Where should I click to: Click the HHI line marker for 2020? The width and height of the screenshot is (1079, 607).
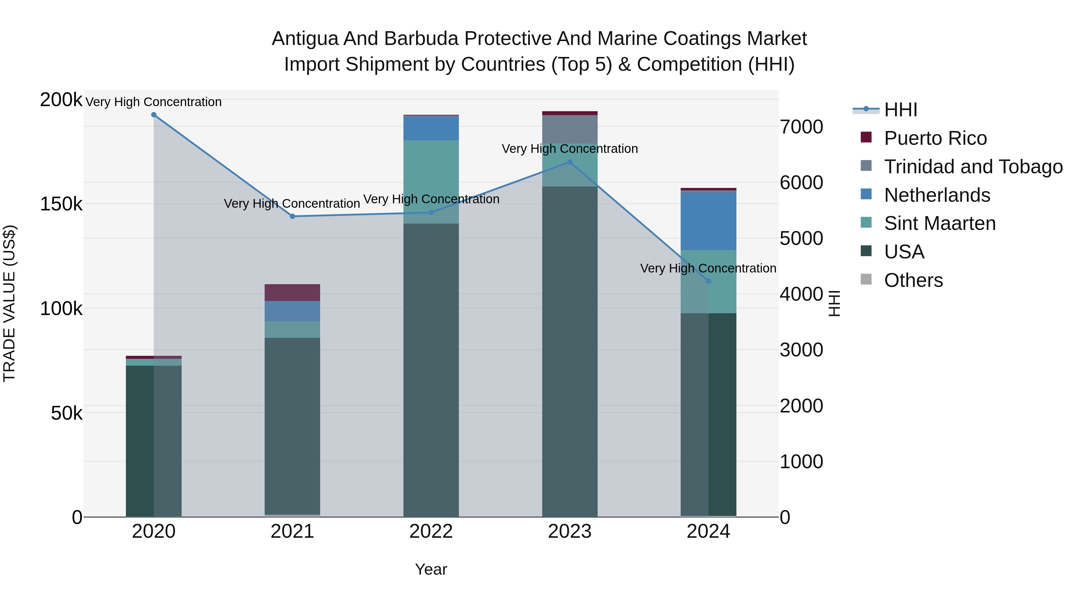pyautogui.click(x=154, y=115)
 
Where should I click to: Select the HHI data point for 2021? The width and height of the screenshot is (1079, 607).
pyautogui.click(x=292, y=216)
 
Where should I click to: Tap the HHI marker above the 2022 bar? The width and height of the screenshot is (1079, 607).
pyautogui.click(x=431, y=213)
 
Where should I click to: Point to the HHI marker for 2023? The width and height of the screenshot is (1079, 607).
pyautogui.click(x=570, y=162)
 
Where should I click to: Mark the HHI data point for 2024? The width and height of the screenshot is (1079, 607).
pyautogui.click(x=708, y=281)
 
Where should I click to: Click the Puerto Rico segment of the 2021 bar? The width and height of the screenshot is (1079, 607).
pyautogui.click(x=292, y=292)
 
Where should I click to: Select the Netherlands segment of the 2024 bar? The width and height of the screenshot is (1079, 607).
pyautogui.click(x=708, y=221)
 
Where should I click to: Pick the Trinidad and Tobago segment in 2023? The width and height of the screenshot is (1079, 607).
pyautogui.click(x=570, y=129)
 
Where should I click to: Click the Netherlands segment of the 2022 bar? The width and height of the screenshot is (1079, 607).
pyautogui.click(x=431, y=128)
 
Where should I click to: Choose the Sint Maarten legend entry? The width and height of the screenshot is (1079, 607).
pyautogui.click(x=940, y=223)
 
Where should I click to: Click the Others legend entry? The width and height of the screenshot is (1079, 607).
pyautogui.click(x=913, y=280)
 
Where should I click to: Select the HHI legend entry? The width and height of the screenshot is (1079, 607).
pyautogui.click(x=901, y=110)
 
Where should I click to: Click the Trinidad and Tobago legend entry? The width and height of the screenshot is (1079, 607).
pyautogui.click(x=973, y=167)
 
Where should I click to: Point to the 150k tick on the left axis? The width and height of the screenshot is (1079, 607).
pyautogui.click(x=61, y=204)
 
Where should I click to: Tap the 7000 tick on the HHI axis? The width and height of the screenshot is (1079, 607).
pyautogui.click(x=801, y=126)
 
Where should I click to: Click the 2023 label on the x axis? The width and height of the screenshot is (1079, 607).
pyautogui.click(x=570, y=531)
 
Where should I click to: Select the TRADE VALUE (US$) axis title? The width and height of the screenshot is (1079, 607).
pyautogui.click(x=9, y=303)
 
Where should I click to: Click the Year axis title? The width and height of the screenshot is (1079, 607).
pyautogui.click(x=431, y=569)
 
